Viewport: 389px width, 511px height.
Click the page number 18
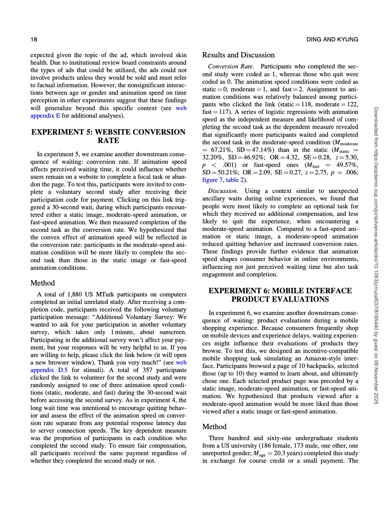click(x=34, y=40)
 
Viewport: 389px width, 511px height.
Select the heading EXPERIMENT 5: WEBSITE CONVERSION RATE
click(x=108, y=136)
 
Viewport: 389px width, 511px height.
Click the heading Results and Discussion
click(x=238, y=55)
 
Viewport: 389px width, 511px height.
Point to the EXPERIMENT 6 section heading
click(x=280, y=295)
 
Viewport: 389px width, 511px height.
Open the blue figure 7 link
click(x=210, y=180)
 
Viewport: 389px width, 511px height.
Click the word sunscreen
click(x=173, y=332)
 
